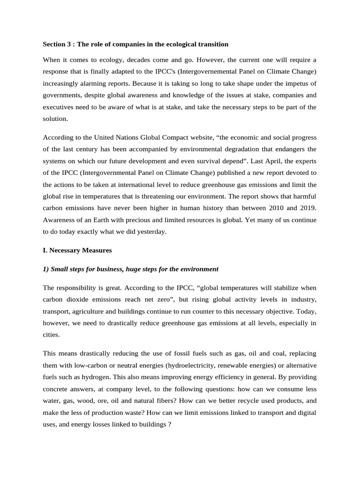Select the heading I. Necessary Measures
coord(77,250)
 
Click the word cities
coord(51,335)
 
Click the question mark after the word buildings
coord(170,424)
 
